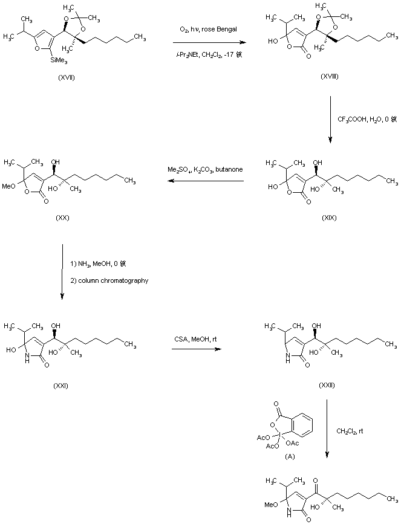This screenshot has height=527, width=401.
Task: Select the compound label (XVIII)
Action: (330, 79)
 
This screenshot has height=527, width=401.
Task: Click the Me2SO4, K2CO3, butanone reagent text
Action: (205, 170)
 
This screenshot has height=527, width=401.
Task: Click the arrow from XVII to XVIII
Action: (209, 43)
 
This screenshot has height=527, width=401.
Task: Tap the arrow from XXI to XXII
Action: (195, 349)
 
